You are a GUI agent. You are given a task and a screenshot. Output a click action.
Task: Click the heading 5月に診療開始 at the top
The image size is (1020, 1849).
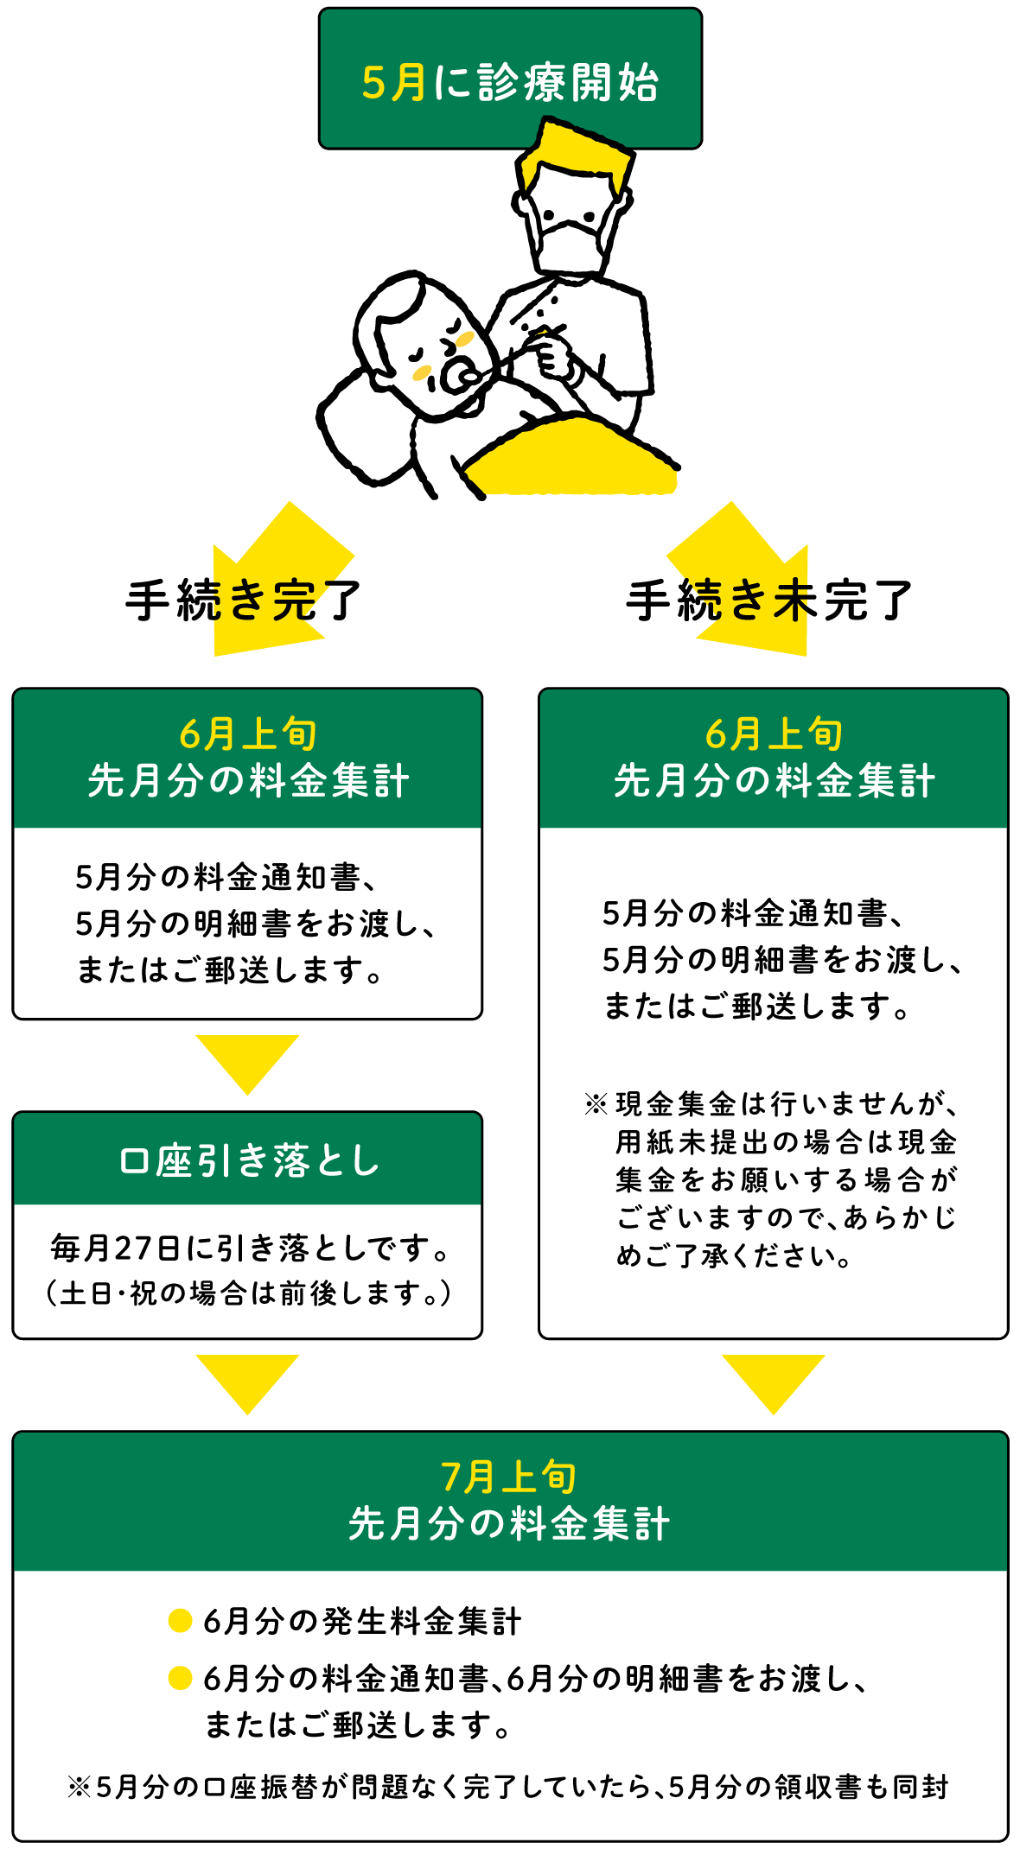pos(510,83)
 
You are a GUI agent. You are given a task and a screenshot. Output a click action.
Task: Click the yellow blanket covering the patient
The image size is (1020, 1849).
pos(571,458)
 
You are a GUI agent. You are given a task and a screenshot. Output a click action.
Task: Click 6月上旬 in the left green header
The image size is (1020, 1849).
pos(248,734)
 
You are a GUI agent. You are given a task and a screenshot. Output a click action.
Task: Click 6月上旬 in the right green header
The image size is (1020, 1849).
pos(774,734)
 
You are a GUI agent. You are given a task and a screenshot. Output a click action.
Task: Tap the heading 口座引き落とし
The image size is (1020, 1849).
pos(248,1160)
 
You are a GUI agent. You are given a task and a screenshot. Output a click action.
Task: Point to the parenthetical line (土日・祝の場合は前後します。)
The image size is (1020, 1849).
pos(248,1293)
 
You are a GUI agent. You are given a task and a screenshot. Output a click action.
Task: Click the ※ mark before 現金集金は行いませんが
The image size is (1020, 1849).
pos(596,1104)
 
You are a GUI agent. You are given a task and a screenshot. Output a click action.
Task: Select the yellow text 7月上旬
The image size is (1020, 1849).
pos(509,1477)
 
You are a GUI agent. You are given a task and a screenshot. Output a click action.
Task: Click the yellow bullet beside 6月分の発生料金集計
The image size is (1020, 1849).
pos(180,1621)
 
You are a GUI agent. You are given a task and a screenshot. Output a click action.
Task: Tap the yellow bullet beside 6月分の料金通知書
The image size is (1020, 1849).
pos(180,1678)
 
